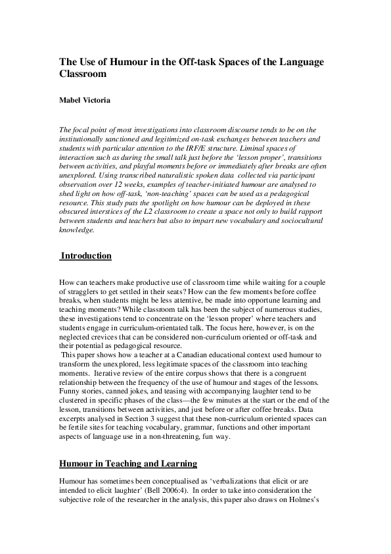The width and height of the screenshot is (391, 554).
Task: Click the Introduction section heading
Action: pos(86,255)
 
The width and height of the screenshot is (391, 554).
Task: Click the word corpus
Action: pos(187,373)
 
